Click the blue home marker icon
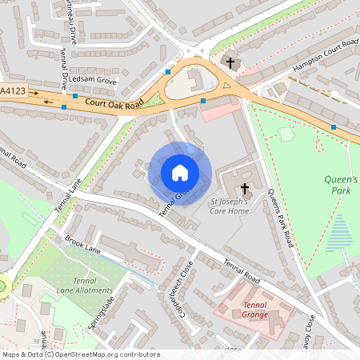pos(180,173)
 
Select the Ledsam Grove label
pos(93,82)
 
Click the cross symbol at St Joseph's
pos(245,189)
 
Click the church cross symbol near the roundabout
pos(230,62)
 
